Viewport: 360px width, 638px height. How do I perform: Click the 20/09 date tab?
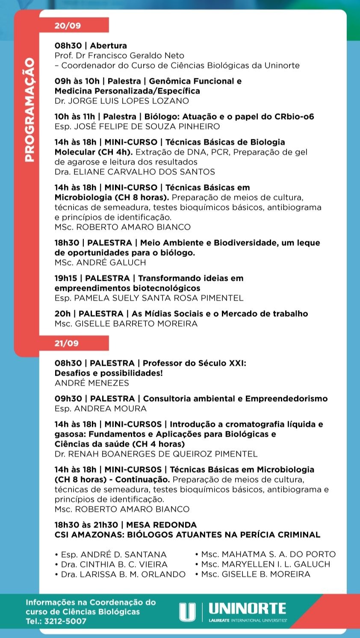coord(68,26)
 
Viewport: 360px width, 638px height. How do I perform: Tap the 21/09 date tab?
coord(67,343)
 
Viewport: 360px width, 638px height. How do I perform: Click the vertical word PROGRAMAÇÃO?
coord(29,110)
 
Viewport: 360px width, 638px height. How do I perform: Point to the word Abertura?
coord(109,46)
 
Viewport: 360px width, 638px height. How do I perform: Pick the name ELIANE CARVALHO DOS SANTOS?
coord(144,172)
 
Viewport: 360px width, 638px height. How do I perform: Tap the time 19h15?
coord(65,279)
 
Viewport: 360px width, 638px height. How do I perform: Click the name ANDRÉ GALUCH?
coord(110,263)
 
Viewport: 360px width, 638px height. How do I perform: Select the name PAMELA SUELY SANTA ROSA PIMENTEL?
coord(159,298)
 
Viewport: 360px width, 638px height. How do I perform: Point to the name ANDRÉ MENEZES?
coord(91,383)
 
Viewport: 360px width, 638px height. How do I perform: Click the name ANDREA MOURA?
coord(110,409)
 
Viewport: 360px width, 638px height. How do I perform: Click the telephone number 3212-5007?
coord(65,622)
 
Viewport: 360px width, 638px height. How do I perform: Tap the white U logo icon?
coord(187,612)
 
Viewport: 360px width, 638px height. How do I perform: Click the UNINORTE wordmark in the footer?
coord(248,609)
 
